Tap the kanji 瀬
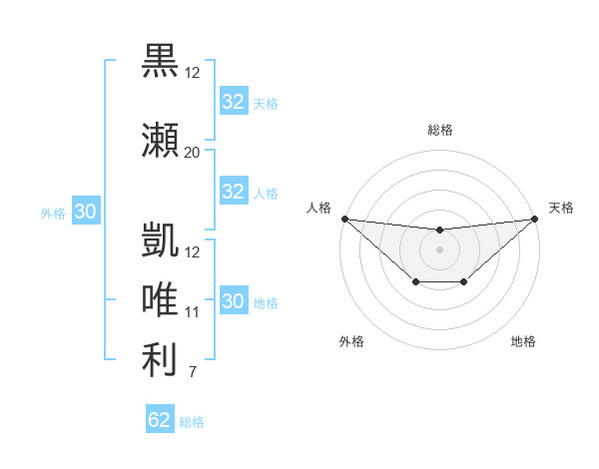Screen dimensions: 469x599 (160, 141)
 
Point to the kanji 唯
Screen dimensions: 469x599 (160, 300)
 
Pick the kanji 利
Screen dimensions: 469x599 (160, 360)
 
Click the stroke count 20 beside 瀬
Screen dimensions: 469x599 (192, 152)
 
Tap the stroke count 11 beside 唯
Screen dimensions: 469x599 (192, 312)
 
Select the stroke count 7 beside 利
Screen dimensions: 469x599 (192, 373)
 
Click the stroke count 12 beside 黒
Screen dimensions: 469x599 (192, 72)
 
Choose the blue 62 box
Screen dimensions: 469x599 (160, 420)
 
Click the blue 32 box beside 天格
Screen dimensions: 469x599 (233, 102)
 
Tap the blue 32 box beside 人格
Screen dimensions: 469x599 (233, 192)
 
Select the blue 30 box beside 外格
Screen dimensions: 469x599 (85, 212)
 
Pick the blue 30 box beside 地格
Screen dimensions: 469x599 (233, 301)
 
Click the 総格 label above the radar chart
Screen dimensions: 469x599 (439, 130)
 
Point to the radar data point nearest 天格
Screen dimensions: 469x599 (534, 219)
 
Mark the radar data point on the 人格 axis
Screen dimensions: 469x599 (344, 219)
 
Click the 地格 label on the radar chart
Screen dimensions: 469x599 (523, 341)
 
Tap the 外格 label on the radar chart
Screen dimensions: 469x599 (351, 341)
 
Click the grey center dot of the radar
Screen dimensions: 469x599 (439, 249)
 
